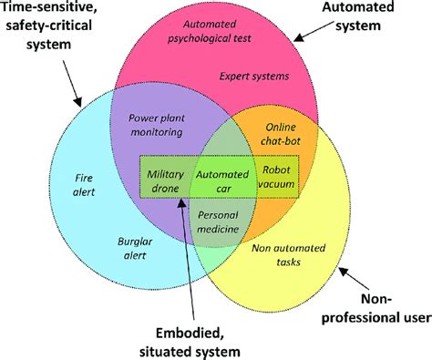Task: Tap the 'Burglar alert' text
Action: coord(133,250)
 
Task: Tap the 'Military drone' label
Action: coord(166,180)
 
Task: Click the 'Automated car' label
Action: coord(221,180)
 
